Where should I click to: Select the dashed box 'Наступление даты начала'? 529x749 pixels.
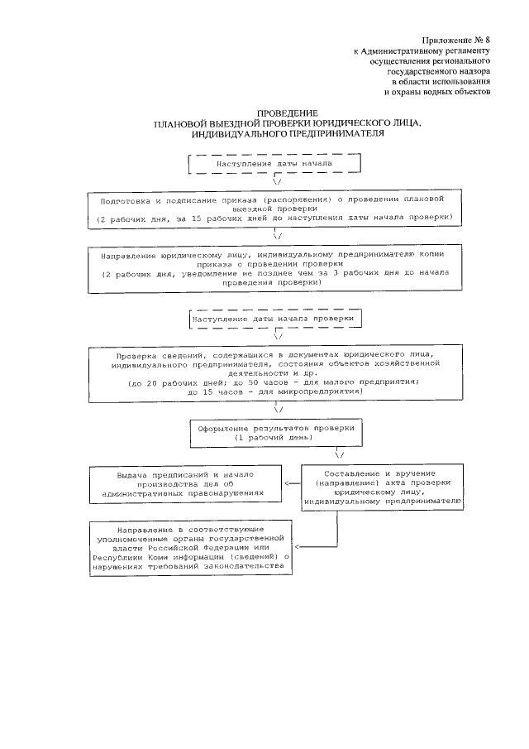[274, 164]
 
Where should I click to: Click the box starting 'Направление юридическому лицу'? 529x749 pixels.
[274, 266]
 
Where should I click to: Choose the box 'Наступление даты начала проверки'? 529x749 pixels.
[274, 319]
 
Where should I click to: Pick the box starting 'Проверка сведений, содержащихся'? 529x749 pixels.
[274, 373]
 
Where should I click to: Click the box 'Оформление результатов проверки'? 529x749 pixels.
[275, 433]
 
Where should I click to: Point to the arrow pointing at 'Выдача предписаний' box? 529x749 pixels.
[288, 483]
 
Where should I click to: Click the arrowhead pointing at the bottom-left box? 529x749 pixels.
[298, 546]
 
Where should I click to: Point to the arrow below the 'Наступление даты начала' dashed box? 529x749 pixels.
[274, 180]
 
